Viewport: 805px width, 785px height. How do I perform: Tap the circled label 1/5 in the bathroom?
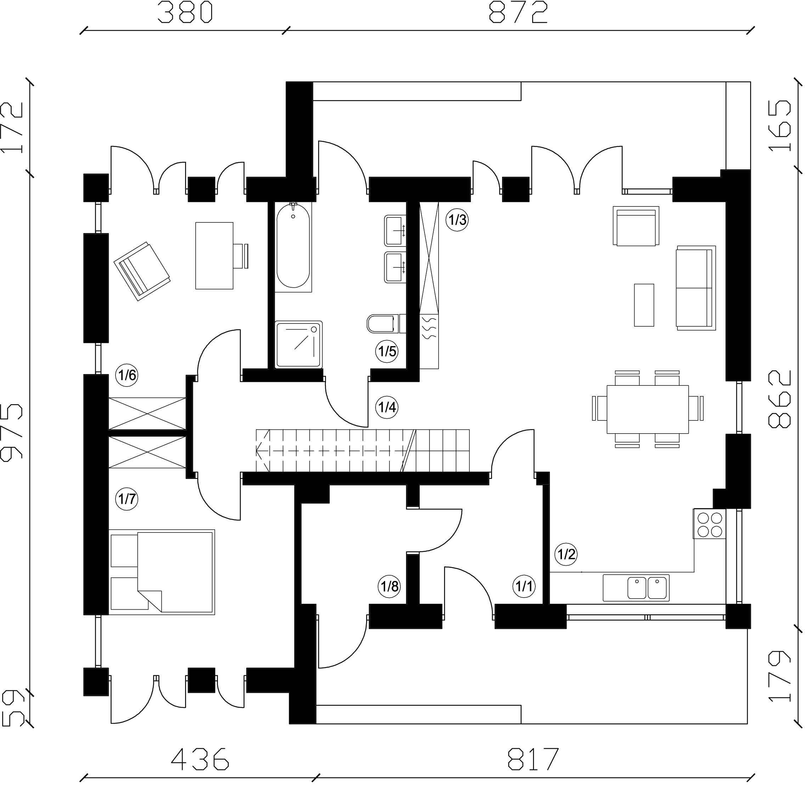click(x=387, y=351)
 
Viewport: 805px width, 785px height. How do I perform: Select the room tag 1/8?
click(x=389, y=586)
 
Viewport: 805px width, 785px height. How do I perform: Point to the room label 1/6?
click(x=126, y=375)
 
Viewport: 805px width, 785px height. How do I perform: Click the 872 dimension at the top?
click(x=518, y=12)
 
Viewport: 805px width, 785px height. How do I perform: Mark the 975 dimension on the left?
click(x=12, y=432)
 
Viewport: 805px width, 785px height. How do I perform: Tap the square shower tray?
click(x=299, y=345)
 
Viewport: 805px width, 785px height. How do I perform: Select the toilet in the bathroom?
click(x=387, y=324)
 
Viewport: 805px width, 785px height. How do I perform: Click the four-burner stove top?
click(x=709, y=524)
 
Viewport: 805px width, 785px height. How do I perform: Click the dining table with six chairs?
click(x=647, y=409)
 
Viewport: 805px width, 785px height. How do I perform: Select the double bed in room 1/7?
click(x=162, y=572)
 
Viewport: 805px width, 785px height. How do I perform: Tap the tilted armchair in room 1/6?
click(x=142, y=271)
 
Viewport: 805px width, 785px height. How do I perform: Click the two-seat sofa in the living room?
click(x=696, y=288)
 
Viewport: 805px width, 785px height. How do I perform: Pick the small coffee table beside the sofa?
click(x=644, y=305)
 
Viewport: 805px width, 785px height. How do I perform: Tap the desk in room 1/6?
click(x=214, y=256)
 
